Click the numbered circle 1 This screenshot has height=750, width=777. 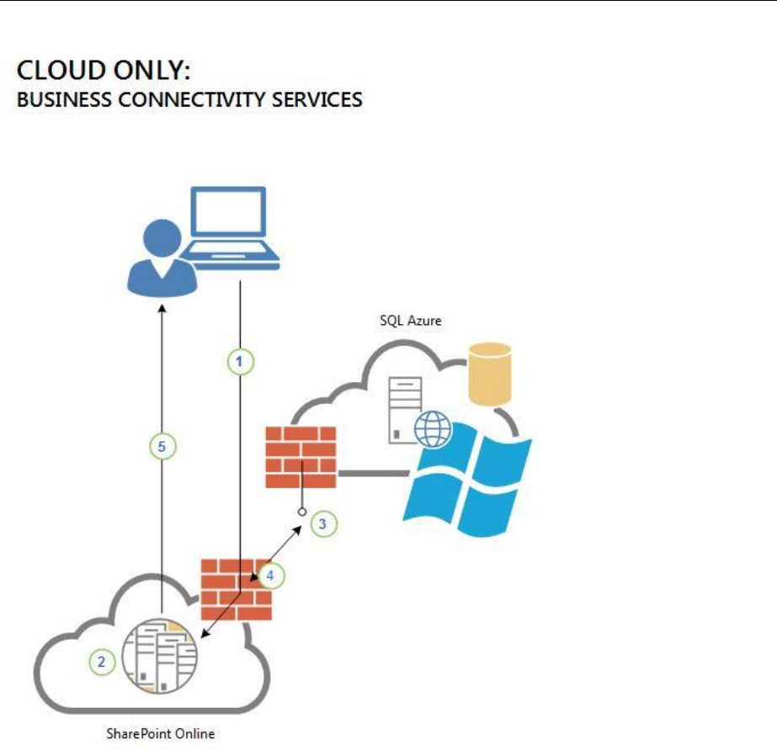tap(240, 361)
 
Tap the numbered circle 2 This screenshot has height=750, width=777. tap(102, 662)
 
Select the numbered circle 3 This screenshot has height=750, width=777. tap(324, 524)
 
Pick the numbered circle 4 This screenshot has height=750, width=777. tap(270, 576)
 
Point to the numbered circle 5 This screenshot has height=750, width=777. tap(162, 447)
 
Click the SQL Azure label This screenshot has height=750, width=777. tap(411, 321)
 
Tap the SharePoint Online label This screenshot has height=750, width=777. tap(160, 733)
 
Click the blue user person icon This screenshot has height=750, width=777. tap(162, 257)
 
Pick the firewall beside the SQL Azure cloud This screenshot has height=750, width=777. tap(301, 457)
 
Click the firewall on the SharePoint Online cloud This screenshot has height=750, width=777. tap(236, 589)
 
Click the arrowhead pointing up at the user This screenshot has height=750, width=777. tap(162, 310)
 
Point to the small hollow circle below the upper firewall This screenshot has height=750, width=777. tap(302, 511)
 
